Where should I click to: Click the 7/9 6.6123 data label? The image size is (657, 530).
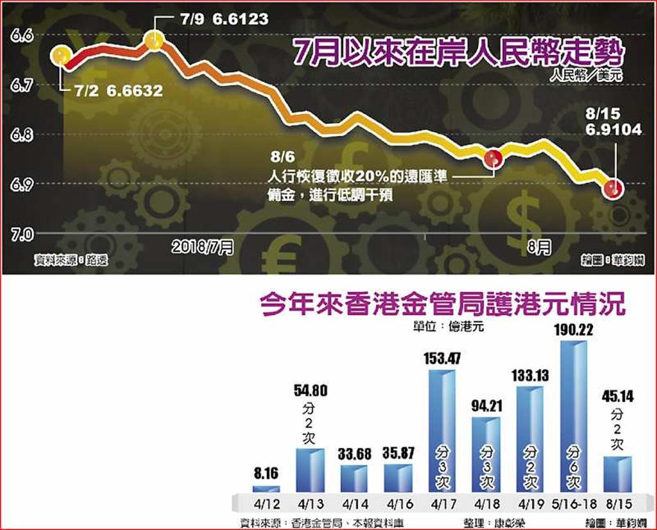click(x=222, y=20)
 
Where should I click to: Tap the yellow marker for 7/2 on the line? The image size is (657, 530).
click(x=62, y=56)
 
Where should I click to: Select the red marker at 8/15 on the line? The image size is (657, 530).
click(x=614, y=188)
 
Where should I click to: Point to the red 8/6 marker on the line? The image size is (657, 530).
click(x=493, y=158)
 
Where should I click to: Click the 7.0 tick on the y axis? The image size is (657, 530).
click(x=21, y=235)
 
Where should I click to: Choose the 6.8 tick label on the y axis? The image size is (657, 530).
click(x=21, y=135)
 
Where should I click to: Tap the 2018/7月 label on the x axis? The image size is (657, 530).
click(x=203, y=247)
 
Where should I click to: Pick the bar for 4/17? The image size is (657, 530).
click(x=442, y=431)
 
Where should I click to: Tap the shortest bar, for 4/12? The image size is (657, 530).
click(x=266, y=489)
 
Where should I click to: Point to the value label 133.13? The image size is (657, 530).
click(x=530, y=375)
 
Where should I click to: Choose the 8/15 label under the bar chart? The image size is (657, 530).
click(x=617, y=504)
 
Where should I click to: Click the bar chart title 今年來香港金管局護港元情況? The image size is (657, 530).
click(x=442, y=305)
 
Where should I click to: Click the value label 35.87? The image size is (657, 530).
click(x=398, y=453)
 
